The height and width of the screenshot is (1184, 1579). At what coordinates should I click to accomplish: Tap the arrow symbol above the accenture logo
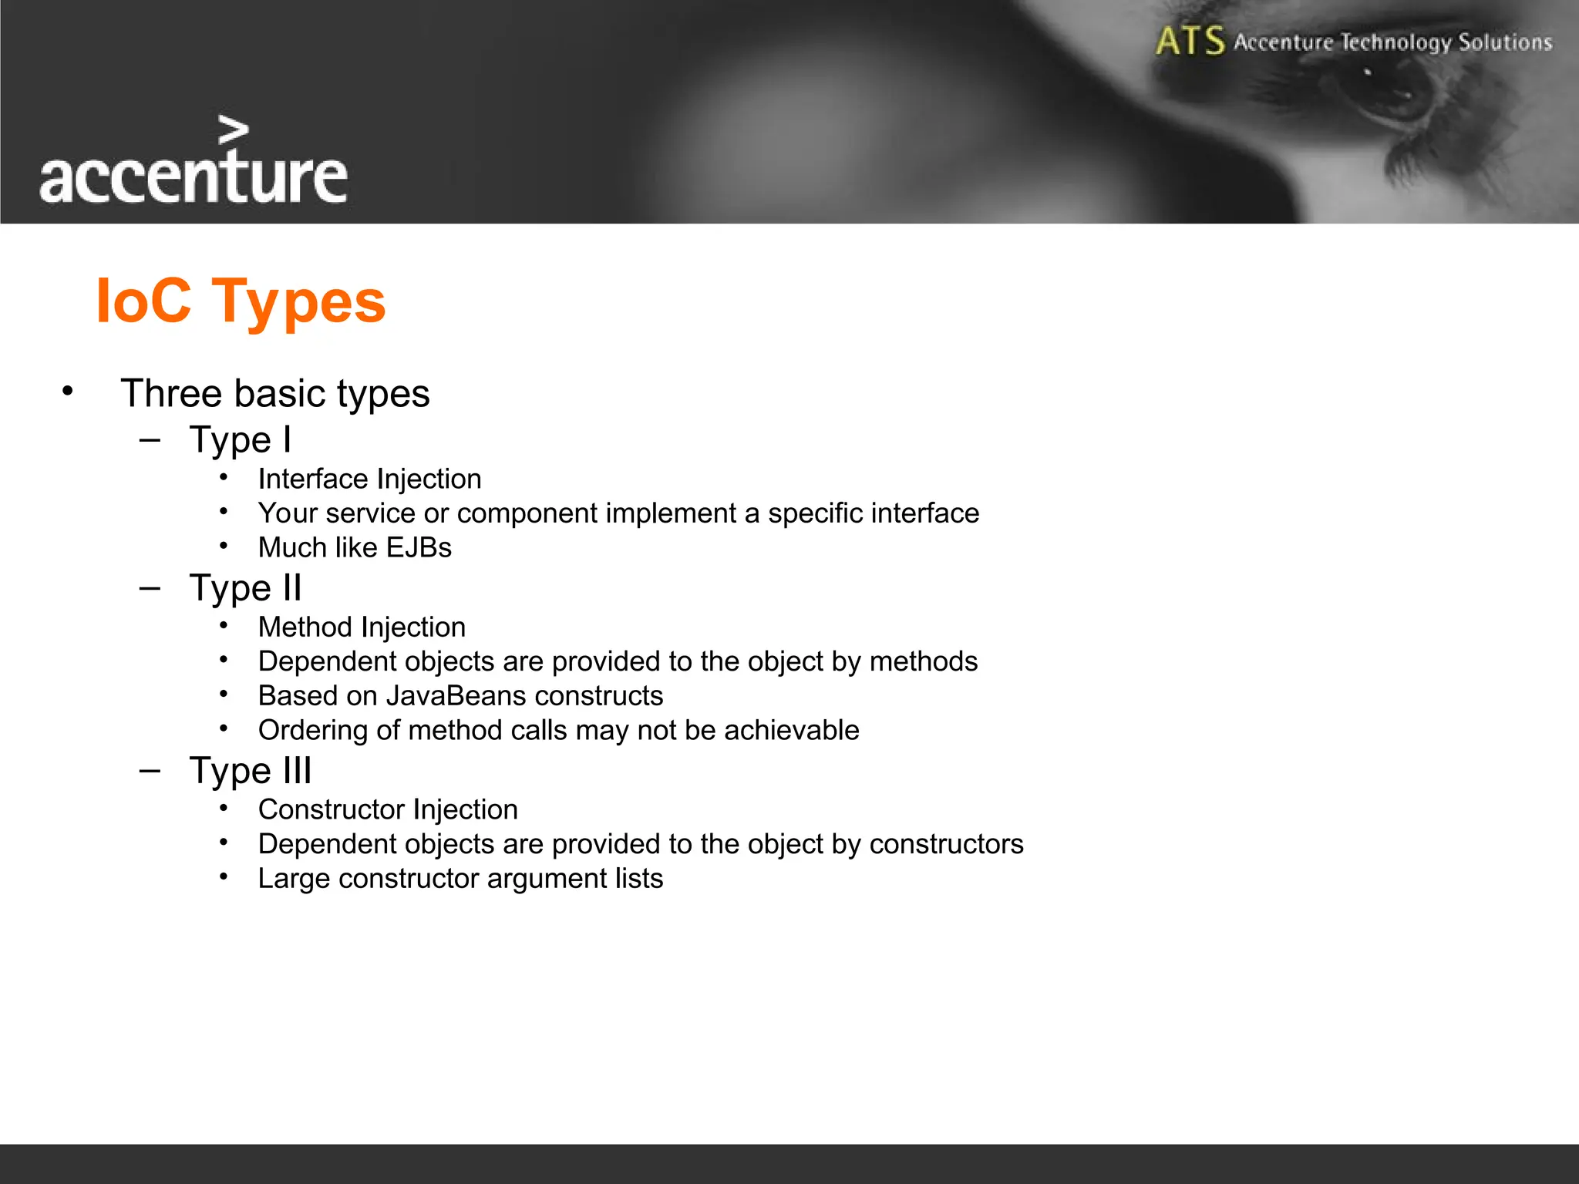click(x=233, y=130)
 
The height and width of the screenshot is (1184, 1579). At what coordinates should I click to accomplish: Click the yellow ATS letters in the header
click(x=1190, y=41)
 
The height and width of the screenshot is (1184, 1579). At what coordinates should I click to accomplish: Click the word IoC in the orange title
click(x=143, y=301)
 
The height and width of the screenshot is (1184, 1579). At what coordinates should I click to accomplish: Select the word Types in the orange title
click(x=298, y=302)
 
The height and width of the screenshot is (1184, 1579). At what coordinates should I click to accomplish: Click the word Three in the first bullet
click(x=171, y=393)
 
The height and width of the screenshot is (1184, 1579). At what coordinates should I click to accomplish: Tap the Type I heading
click(x=241, y=440)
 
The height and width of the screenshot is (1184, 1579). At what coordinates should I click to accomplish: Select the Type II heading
click(x=245, y=588)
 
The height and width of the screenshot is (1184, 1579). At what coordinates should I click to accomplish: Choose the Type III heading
click(x=251, y=771)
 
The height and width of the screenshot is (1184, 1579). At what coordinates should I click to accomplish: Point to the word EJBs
click(x=419, y=547)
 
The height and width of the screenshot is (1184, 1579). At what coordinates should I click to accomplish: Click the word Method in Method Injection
click(x=305, y=627)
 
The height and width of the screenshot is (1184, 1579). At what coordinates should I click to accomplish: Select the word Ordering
click(x=312, y=731)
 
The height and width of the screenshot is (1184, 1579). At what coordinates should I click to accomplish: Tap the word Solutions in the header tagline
click(x=1505, y=42)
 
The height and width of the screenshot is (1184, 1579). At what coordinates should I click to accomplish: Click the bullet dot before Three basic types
click(x=68, y=391)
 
